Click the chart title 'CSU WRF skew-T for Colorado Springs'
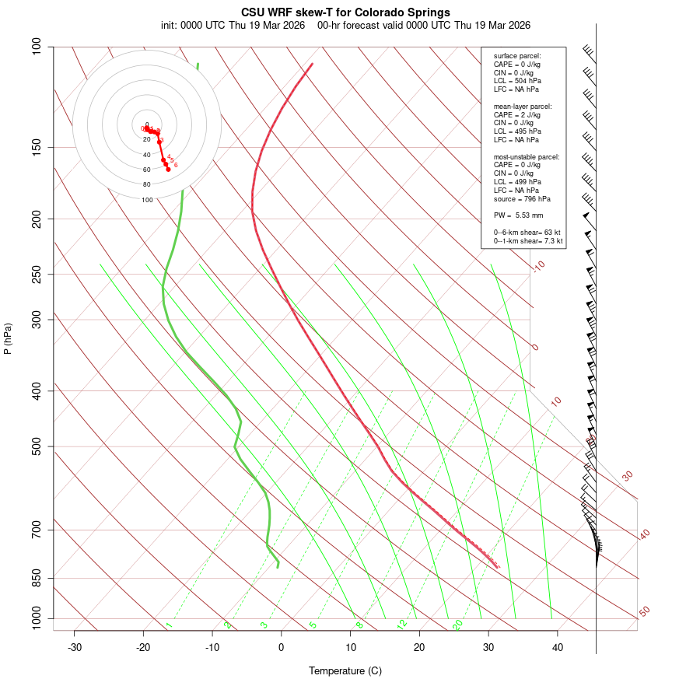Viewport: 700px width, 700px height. pyautogui.click(x=345, y=12)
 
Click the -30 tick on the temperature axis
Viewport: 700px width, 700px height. pyautogui.click(x=75, y=648)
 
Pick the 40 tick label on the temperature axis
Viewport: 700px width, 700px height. pyautogui.click(x=558, y=648)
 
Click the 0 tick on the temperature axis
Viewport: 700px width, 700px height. pyautogui.click(x=282, y=648)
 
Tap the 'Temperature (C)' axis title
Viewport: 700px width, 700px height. pyautogui.click(x=345, y=671)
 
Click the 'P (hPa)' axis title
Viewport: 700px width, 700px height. pyautogui.click(x=8, y=338)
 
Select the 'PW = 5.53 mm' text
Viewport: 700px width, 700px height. pyautogui.click(x=518, y=215)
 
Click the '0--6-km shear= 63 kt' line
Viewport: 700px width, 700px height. pyautogui.click(x=527, y=233)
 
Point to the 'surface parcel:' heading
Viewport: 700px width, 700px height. pyautogui.click(x=517, y=56)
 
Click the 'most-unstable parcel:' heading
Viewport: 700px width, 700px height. pyautogui.click(x=527, y=157)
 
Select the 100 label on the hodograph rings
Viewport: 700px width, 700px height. pyautogui.click(x=147, y=200)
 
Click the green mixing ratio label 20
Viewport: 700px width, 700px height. pyautogui.click(x=457, y=625)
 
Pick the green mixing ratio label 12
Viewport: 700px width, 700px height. pyautogui.click(x=402, y=625)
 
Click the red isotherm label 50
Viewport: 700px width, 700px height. pyautogui.click(x=644, y=612)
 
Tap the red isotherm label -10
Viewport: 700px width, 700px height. pyautogui.click(x=538, y=266)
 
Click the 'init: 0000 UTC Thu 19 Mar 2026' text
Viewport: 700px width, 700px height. pyautogui.click(x=233, y=25)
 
